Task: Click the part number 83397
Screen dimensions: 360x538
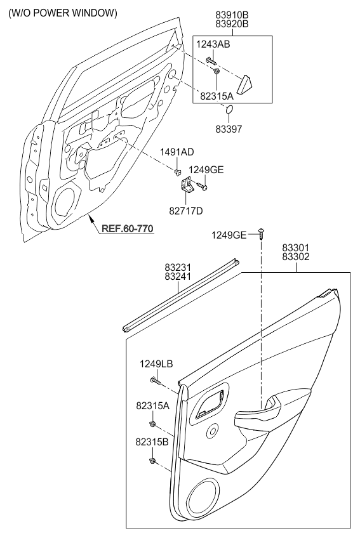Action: tap(229, 129)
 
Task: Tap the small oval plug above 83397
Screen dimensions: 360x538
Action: tap(229, 110)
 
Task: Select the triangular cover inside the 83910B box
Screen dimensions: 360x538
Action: tap(245, 86)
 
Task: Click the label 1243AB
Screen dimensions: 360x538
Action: tap(213, 44)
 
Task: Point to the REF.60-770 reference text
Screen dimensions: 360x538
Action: tap(128, 228)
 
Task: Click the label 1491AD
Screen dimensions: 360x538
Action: tap(177, 152)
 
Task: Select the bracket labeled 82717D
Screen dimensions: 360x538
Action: tap(187, 185)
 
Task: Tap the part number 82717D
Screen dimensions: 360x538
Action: tap(186, 211)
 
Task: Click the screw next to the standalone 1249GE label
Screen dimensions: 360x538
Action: tap(261, 234)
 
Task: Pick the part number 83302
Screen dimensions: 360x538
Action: tap(296, 257)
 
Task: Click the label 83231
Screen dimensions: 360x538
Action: tap(178, 267)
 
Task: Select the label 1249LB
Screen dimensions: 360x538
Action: tap(156, 364)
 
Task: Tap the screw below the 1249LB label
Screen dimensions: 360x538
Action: tap(156, 381)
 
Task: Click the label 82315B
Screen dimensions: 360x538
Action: tap(152, 442)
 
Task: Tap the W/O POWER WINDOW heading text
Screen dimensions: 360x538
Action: tap(63, 13)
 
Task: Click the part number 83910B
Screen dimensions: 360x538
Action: tap(232, 15)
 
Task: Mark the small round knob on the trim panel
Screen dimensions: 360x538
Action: tap(212, 430)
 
